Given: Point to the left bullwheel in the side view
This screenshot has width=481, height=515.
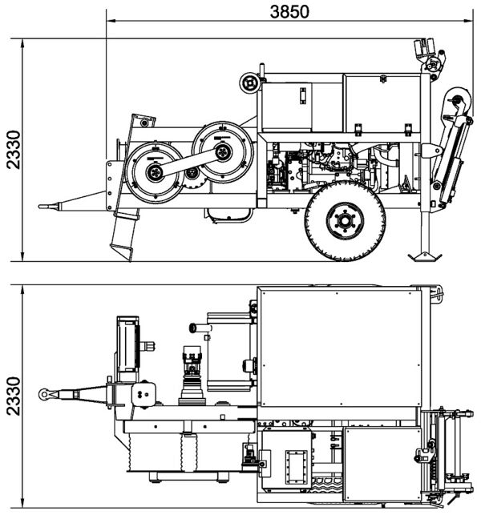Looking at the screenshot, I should coord(156,171).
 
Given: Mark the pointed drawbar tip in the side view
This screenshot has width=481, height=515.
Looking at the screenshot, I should coord(42,207).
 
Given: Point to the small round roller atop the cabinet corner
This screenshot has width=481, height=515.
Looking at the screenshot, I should coord(251,82).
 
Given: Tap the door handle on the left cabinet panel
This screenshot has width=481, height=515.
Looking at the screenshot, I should coord(304,96).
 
